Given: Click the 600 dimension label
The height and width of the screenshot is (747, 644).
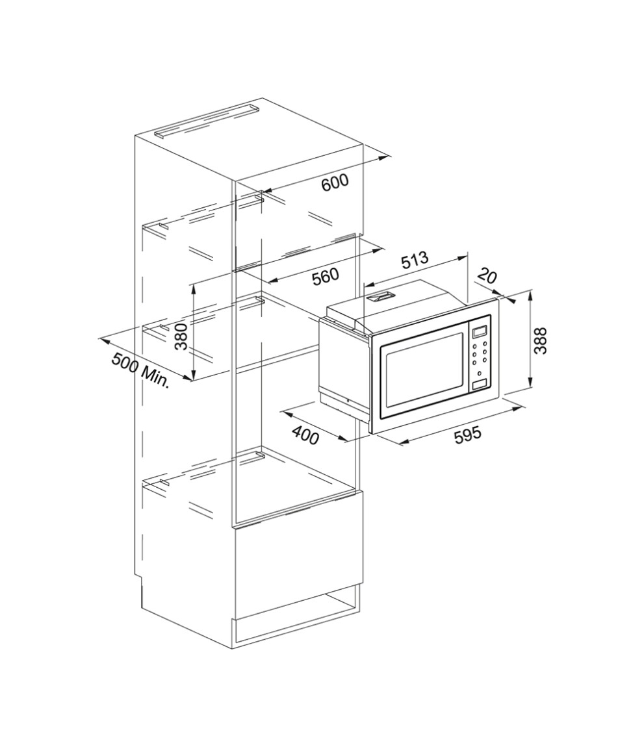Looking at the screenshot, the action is point(335,182).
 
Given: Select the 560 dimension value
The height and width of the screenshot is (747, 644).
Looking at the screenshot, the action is point(326,277).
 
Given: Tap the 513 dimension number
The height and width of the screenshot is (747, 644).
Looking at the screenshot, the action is point(414,260).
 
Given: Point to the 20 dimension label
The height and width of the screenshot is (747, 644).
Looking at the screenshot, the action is point(486,275).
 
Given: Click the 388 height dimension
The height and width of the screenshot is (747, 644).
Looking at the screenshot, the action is point(540,340).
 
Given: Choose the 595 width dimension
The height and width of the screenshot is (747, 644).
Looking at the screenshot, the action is point(467,435).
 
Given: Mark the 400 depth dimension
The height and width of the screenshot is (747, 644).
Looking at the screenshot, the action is point(305,435).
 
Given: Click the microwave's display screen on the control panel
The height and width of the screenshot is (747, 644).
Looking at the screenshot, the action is point(480,331).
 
